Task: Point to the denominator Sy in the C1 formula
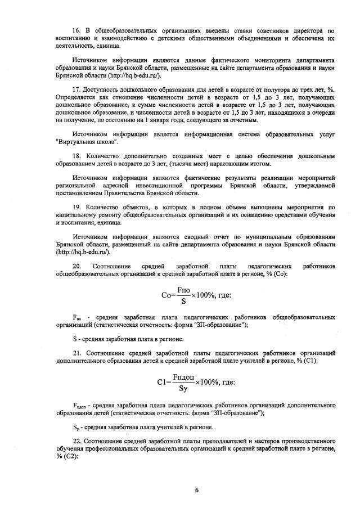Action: click(183, 388)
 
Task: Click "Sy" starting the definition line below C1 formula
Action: click(76, 427)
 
